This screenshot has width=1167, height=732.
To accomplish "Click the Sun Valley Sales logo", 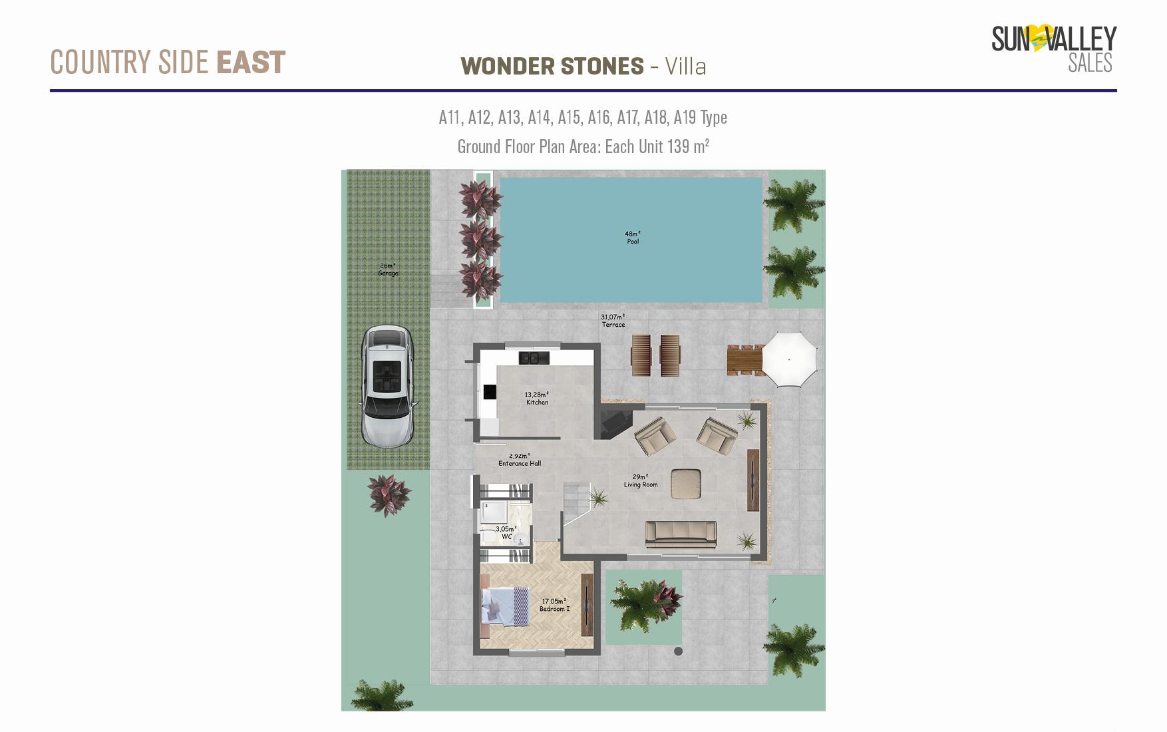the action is tap(1054, 49).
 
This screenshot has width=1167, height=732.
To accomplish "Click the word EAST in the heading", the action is tap(251, 63).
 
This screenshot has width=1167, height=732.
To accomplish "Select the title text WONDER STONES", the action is tap(552, 67).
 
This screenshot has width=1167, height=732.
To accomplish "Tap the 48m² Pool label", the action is tap(632, 238).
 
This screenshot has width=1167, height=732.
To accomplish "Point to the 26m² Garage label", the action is tap(388, 270).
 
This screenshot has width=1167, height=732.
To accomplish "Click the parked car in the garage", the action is tap(387, 385).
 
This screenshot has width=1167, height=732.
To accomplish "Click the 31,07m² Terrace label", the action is tap(613, 321).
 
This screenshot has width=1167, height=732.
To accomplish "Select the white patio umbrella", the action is tap(789, 359).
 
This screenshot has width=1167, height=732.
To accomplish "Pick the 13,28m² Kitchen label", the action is tap(537, 399).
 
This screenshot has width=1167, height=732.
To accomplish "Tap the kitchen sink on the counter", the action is tap(534, 358).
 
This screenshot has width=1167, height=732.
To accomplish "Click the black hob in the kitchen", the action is tap(490, 392).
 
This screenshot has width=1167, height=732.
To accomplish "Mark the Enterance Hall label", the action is tap(520, 460).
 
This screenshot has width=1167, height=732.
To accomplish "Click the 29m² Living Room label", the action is tap(640, 480).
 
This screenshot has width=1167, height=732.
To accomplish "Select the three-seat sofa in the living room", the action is tap(681, 535).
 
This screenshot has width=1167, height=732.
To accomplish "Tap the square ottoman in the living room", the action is tap(686, 484).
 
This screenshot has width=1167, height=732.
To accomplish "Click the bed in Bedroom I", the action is tap(505, 606).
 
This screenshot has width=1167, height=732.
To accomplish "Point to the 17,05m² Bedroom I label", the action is tap(554, 605).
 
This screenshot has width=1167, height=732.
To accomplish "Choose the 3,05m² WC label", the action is tap(506, 533).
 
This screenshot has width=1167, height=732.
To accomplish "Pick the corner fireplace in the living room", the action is tap(615, 423).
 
